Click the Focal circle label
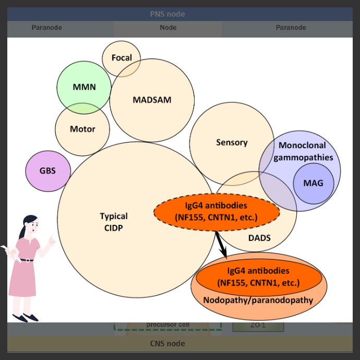coord(122,58)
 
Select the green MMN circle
coord(83,87)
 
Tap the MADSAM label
coord(152,100)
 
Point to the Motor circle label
coord(82,129)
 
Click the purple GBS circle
coord(47,171)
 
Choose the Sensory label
coord(232,142)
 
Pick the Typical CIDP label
coord(114,221)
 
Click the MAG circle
coord(313,183)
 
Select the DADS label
coord(259,238)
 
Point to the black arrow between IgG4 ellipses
coord(221,245)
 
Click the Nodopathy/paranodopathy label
coord(258,300)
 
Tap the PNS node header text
coord(167,14)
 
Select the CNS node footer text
coord(167,343)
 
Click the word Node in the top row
coord(167,28)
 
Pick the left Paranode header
coord(46,28)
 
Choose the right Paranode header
coord(291,28)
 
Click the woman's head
coord(31,225)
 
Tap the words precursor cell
coord(167,325)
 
